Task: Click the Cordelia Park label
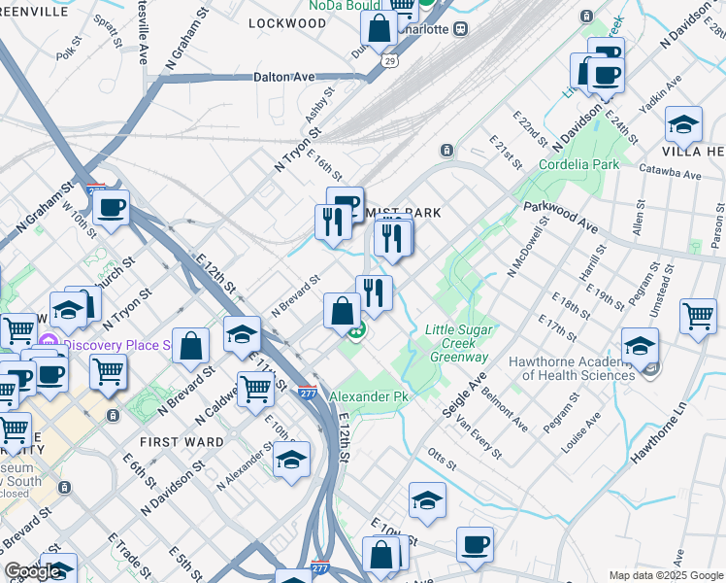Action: click(x=577, y=164)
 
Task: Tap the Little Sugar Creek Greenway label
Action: click(x=456, y=344)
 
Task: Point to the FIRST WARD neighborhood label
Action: click(x=181, y=441)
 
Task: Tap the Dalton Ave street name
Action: click(x=284, y=76)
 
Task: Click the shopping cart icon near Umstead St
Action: click(x=699, y=317)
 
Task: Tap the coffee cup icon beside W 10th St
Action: click(x=112, y=207)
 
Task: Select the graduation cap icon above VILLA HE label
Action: click(x=683, y=124)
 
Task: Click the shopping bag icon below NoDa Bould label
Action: click(x=379, y=28)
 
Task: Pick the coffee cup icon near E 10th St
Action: click(x=475, y=545)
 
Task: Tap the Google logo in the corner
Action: click(x=32, y=571)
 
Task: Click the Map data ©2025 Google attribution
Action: click(x=666, y=575)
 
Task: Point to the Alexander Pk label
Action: click(x=370, y=397)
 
